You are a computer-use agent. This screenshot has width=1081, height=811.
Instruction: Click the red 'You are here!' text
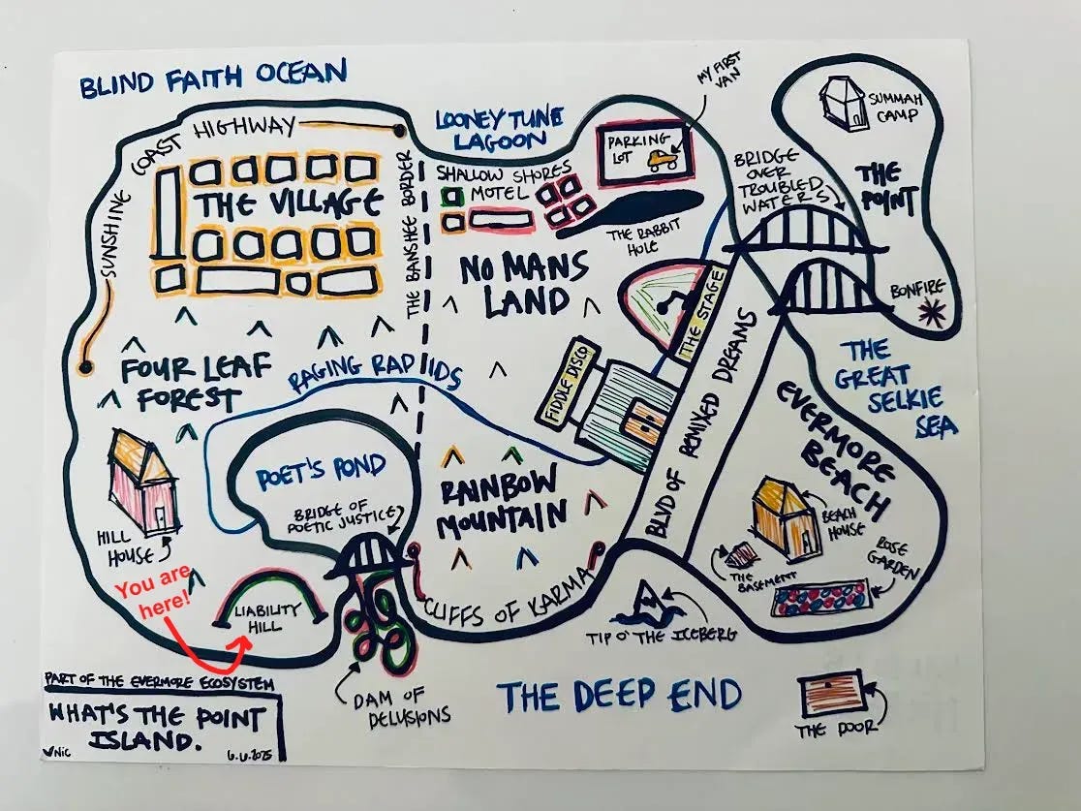[x=153, y=593]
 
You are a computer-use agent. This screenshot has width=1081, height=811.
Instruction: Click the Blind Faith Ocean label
[x=212, y=77]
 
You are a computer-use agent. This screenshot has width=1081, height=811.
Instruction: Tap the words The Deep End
[x=620, y=695]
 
